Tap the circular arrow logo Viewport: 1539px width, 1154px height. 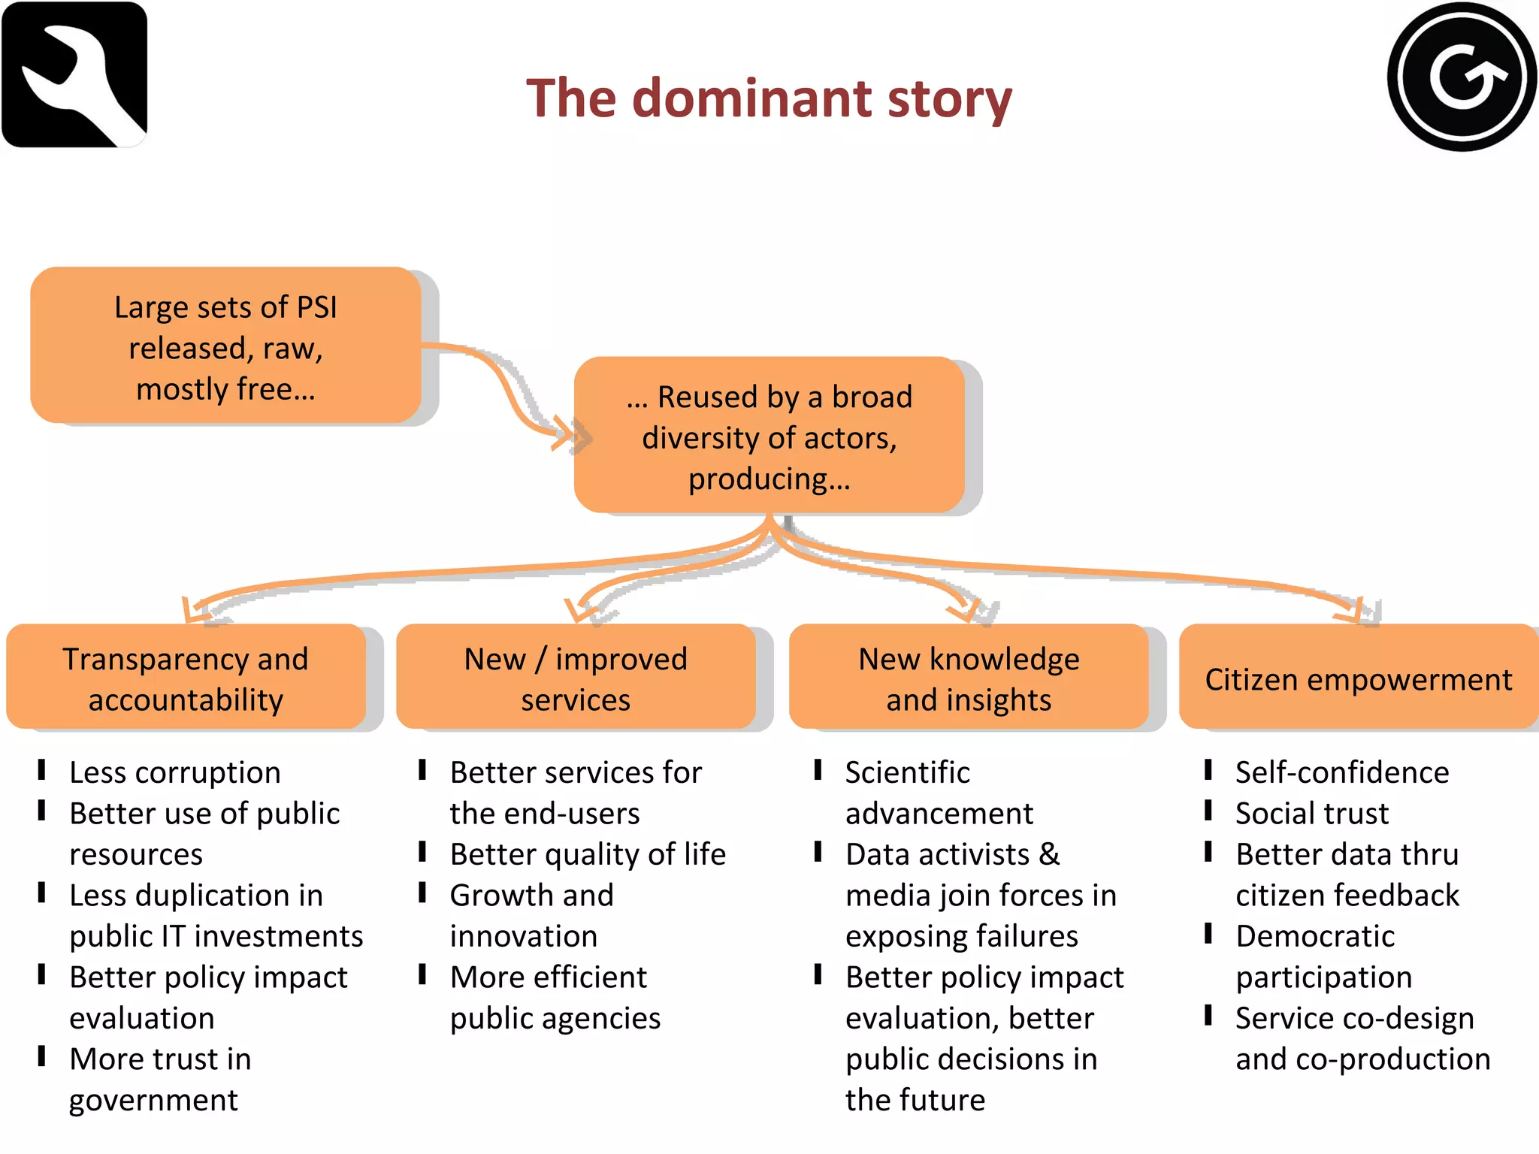[x=1461, y=77]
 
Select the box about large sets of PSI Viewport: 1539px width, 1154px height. [x=225, y=346]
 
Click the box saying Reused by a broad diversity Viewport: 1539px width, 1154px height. [x=769, y=436]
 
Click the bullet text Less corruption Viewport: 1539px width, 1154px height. [x=175, y=772]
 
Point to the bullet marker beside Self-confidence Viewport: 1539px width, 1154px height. [x=1208, y=770]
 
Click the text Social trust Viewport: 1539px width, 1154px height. [x=1312, y=813]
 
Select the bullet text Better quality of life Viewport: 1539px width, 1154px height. [x=588, y=854]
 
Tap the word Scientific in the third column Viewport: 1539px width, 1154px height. [x=907, y=772]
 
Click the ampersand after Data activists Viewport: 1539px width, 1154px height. [x=1050, y=854]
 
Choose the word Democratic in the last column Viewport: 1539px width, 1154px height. [x=1315, y=936]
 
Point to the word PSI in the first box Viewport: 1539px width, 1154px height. [x=316, y=307]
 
